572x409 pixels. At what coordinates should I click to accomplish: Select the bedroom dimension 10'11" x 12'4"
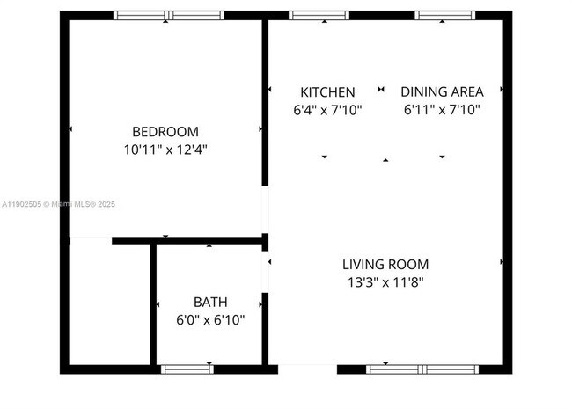[166, 150]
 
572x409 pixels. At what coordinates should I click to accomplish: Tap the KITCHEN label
[327, 92]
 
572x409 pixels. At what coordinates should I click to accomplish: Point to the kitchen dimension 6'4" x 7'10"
[327, 111]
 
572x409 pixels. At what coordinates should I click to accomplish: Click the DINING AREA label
[441, 92]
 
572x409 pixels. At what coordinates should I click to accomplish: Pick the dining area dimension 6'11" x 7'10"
[441, 111]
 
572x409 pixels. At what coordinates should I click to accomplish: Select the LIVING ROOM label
[385, 264]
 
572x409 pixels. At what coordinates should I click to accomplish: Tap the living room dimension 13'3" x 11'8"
[385, 282]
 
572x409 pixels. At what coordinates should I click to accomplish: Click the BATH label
[210, 303]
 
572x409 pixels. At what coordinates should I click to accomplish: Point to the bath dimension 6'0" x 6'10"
[210, 320]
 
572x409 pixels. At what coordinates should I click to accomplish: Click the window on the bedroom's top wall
[169, 15]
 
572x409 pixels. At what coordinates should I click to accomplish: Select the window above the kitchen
[319, 15]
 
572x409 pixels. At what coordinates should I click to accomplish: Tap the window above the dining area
[443, 15]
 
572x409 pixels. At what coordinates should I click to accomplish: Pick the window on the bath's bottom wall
[187, 369]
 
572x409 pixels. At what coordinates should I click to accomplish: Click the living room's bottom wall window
[422, 369]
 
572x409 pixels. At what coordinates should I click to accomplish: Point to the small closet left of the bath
[109, 303]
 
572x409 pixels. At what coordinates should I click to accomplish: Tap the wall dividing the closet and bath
[153, 303]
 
